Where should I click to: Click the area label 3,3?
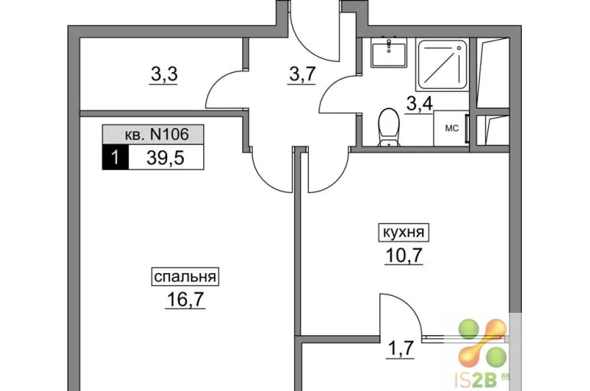tap(164, 74)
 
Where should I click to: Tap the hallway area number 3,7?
tap(302, 74)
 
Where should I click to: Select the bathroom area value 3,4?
tap(420, 103)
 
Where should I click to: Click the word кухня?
tap(403, 232)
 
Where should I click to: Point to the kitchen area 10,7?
tap(404, 255)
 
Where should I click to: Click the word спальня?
tap(185, 277)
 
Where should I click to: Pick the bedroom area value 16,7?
tap(185, 300)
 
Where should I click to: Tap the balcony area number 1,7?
tap(401, 349)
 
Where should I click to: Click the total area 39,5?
tap(166, 158)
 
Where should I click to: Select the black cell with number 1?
tap(116, 157)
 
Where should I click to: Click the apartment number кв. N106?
tap(156, 134)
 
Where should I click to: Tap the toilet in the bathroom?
tap(389, 127)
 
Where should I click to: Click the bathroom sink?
tap(389, 53)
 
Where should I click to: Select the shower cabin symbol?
tap(443, 64)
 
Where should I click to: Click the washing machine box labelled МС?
tap(451, 128)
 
